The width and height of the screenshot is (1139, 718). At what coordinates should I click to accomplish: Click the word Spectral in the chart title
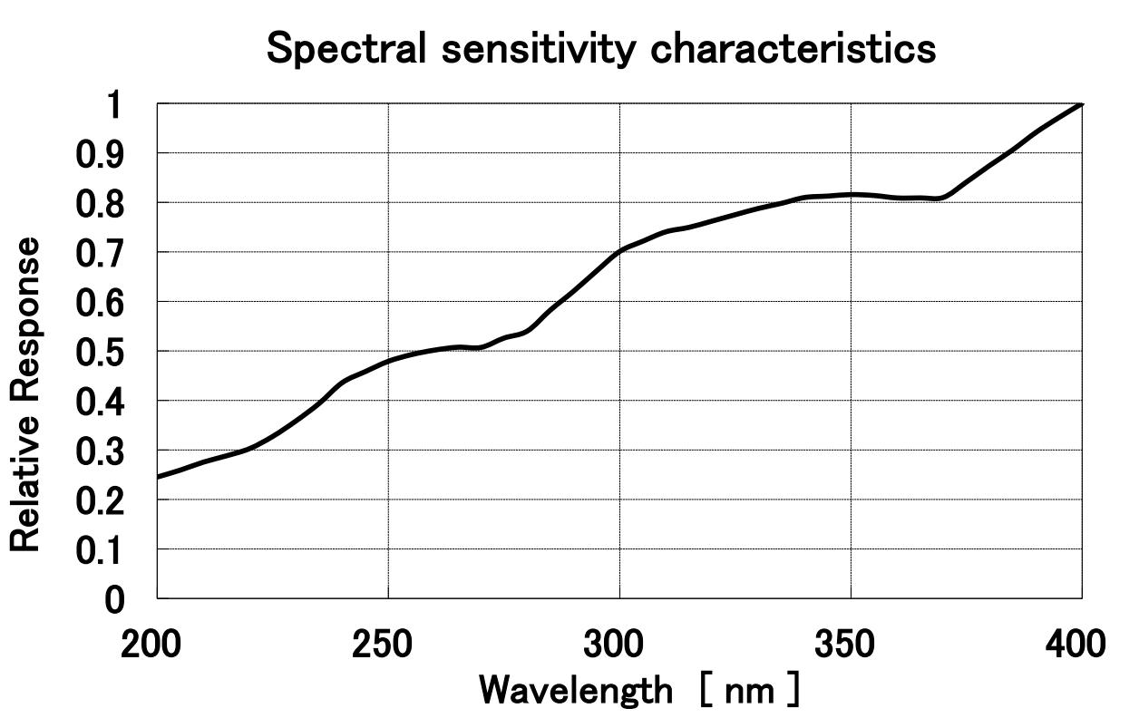[346, 49]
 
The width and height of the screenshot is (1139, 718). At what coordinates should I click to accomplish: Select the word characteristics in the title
[795, 49]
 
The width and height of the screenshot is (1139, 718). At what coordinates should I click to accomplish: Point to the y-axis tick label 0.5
[99, 351]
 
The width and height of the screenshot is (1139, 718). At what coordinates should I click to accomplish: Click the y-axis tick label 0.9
[99, 153]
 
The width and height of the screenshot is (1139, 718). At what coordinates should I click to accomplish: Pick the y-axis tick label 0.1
[99, 549]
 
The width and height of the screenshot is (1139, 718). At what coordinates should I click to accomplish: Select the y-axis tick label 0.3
[99, 451]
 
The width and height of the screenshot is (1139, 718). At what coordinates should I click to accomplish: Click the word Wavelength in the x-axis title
[575, 691]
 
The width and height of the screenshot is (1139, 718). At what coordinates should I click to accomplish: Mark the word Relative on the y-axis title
[26, 499]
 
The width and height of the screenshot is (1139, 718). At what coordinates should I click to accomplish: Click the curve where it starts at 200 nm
[159, 476]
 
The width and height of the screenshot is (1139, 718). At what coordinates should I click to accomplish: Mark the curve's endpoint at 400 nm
[1081, 104]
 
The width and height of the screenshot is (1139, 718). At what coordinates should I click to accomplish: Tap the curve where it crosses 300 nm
[619, 250]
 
